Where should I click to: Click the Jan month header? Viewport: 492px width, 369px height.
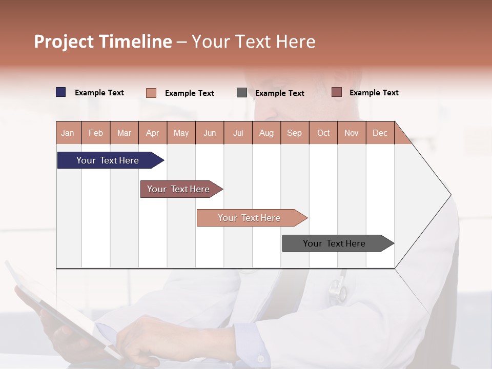(68, 133)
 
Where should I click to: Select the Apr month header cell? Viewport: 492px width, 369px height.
(153, 133)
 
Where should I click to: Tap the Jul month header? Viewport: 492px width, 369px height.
(238, 133)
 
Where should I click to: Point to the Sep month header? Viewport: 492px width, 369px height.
(294, 133)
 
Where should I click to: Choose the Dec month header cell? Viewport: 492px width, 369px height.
(380, 133)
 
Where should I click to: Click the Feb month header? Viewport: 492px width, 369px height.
(96, 133)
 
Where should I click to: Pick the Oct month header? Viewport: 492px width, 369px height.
(323, 133)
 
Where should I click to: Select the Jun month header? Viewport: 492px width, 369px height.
(210, 133)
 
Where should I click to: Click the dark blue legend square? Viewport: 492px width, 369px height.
(61, 92)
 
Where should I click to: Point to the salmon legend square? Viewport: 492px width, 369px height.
(151, 93)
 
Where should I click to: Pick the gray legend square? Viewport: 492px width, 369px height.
(242, 93)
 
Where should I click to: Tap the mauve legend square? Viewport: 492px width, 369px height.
(337, 92)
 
